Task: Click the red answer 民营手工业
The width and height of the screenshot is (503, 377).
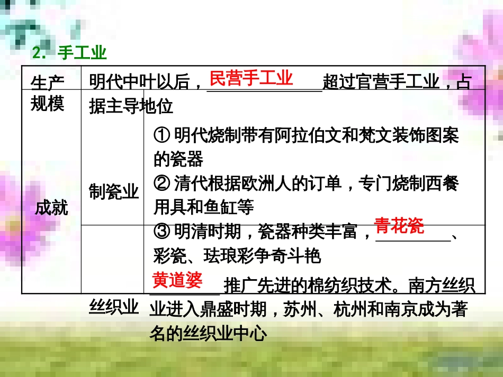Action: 251,79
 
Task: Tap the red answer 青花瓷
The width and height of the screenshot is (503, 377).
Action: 399,225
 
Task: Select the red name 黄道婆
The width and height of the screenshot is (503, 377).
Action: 177,280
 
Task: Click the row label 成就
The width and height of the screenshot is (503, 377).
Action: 51,208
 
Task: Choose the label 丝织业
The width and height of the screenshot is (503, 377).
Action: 114,306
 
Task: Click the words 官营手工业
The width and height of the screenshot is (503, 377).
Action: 393,82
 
